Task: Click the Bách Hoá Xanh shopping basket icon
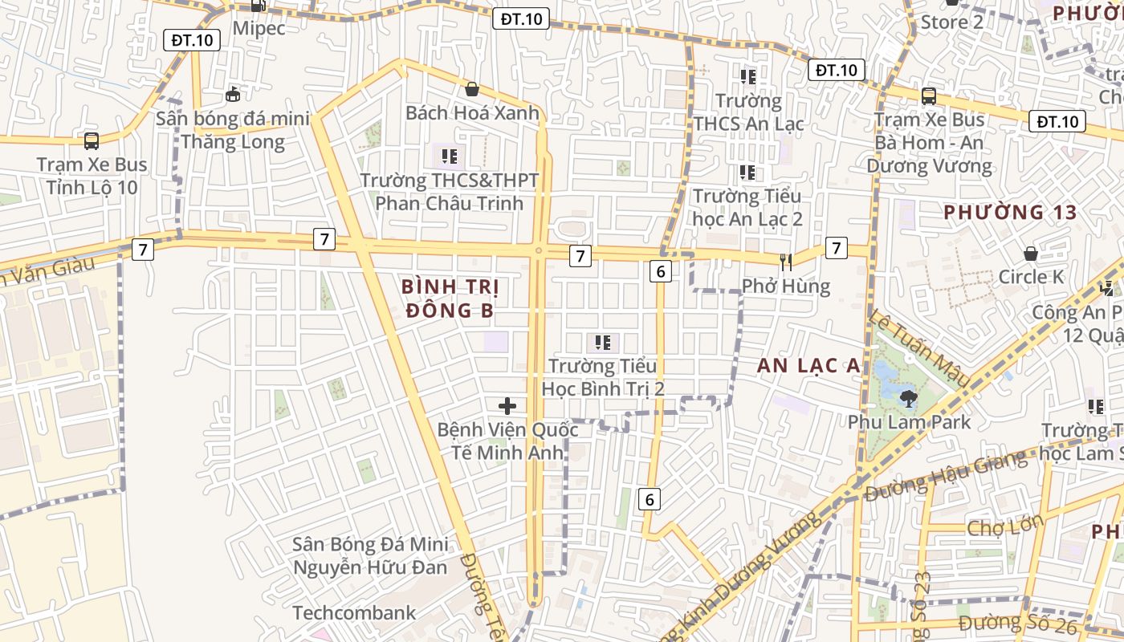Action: click(x=472, y=89)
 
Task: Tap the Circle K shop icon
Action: click(x=1031, y=254)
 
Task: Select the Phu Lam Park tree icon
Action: click(x=908, y=397)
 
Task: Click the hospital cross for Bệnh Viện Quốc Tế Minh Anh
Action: click(x=507, y=406)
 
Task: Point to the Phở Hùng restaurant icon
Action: click(x=786, y=262)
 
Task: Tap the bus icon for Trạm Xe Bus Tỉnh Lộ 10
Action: click(x=92, y=141)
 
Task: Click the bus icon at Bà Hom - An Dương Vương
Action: click(x=929, y=96)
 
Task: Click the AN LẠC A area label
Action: click(x=808, y=366)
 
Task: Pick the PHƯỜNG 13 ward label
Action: click(x=1008, y=213)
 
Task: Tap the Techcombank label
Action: click(x=354, y=613)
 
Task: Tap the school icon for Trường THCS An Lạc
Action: click(x=748, y=77)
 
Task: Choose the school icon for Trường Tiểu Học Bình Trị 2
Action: click(x=604, y=343)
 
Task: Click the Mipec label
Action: click(x=259, y=28)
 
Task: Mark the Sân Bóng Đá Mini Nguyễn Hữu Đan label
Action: click(x=370, y=555)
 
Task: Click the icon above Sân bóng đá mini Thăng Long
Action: click(x=233, y=95)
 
